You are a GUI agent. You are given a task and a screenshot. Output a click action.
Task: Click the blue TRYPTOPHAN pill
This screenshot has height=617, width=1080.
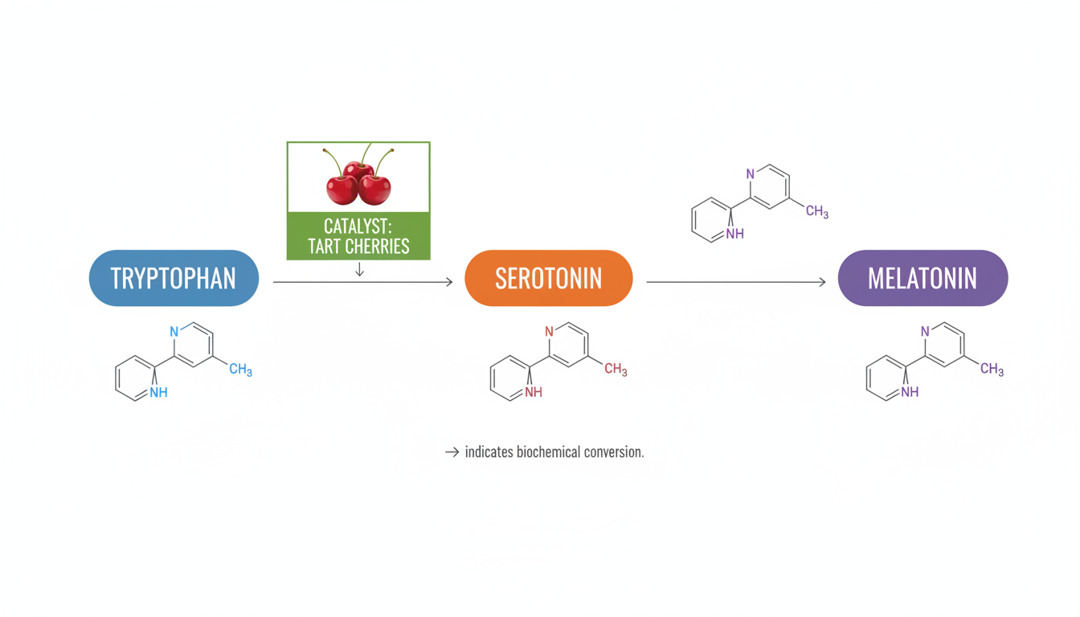(174, 278)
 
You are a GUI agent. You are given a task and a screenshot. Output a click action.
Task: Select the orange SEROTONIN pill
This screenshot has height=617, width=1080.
(549, 278)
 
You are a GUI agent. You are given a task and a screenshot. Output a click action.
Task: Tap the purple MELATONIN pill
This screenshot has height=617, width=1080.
(922, 278)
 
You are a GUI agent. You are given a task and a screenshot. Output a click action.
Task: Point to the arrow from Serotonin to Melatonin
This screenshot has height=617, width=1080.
(736, 282)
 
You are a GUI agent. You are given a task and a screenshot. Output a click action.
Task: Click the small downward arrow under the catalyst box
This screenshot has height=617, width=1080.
(359, 270)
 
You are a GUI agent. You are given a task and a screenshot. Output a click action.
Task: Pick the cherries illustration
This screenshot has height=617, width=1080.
(358, 178)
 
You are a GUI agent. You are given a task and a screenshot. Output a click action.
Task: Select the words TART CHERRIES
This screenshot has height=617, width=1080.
(358, 246)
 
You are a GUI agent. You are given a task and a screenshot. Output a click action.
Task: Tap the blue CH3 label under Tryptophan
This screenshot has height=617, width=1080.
(240, 370)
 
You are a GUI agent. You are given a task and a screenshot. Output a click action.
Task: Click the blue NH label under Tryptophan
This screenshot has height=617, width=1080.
(158, 392)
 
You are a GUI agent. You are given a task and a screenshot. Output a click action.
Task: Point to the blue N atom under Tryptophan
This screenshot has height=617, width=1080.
(174, 331)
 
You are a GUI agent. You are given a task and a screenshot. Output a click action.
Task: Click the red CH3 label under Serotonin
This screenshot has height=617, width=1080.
(616, 370)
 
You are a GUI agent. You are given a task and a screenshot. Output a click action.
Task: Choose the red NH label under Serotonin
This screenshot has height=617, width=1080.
(534, 392)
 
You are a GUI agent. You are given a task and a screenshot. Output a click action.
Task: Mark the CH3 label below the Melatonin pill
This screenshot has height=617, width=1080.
(992, 370)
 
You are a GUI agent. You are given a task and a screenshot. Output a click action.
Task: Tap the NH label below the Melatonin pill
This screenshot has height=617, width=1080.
(910, 392)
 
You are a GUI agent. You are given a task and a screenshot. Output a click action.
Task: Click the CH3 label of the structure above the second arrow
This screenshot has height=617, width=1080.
(816, 212)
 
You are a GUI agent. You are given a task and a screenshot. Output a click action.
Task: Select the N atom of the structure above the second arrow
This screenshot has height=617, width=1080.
(751, 174)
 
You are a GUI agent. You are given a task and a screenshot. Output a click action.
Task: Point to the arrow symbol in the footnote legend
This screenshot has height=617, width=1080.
(452, 452)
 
